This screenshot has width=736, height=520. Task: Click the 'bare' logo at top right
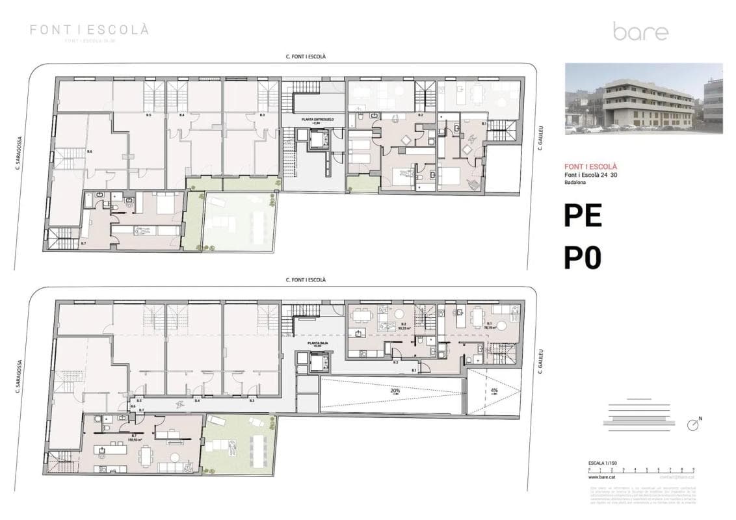[x=640, y=31]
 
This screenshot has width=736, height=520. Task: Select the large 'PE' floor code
[x=583, y=216]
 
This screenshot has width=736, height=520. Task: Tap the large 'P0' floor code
[x=583, y=258]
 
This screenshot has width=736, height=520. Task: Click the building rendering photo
[x=643, y=98]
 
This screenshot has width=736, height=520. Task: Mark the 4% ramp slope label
[x=493, y=391]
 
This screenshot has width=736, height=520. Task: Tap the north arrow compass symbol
[x=694, y=425]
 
